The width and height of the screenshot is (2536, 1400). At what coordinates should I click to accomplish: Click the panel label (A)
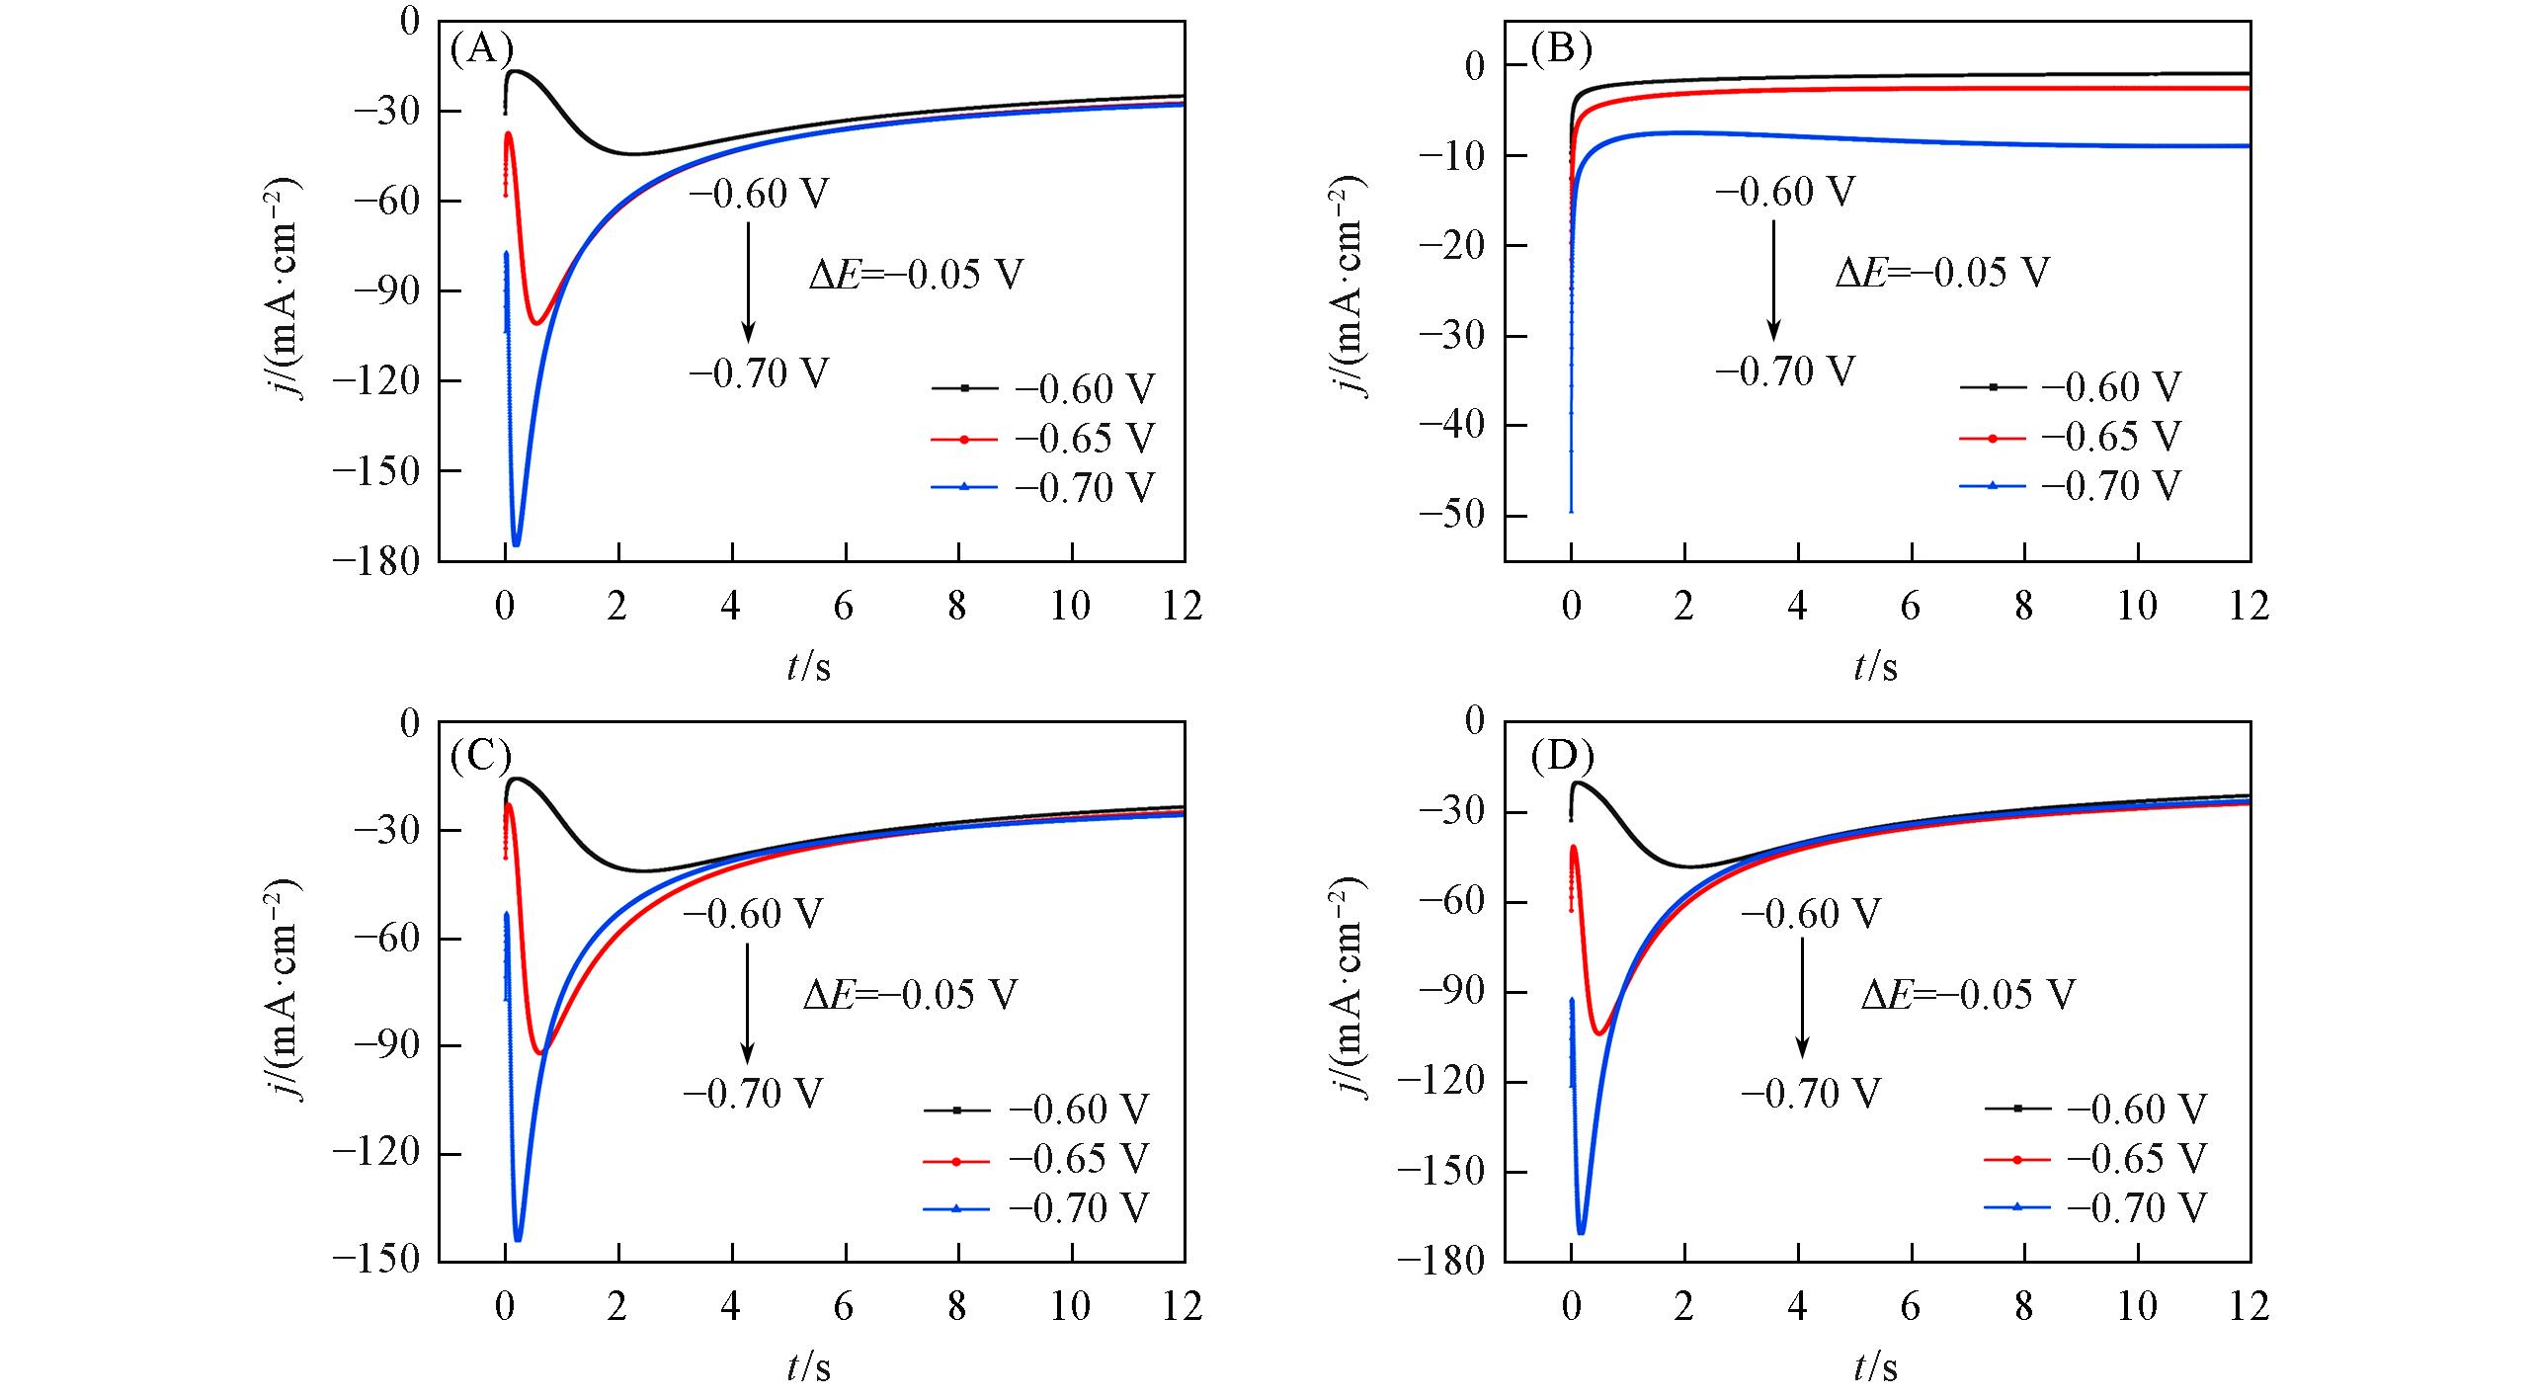point(481,48)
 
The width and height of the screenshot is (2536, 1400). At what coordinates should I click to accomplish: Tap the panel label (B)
point(1561,48)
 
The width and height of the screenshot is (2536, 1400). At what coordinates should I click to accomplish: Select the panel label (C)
point(481,756)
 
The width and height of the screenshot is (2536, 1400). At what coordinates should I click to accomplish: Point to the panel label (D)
point(1561,756)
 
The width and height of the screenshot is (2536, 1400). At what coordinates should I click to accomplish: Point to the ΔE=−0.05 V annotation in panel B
point(1942,272)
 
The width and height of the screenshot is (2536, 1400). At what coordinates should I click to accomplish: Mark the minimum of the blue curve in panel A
point(516,543)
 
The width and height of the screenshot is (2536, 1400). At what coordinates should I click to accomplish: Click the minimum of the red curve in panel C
point(539,1053)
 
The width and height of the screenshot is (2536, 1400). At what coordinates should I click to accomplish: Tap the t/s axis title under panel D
point(1875,1367)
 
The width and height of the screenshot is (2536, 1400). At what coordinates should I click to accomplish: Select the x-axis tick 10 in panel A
point(1070,607)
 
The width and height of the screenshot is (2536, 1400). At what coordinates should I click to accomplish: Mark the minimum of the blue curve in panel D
point(1581,1232)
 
